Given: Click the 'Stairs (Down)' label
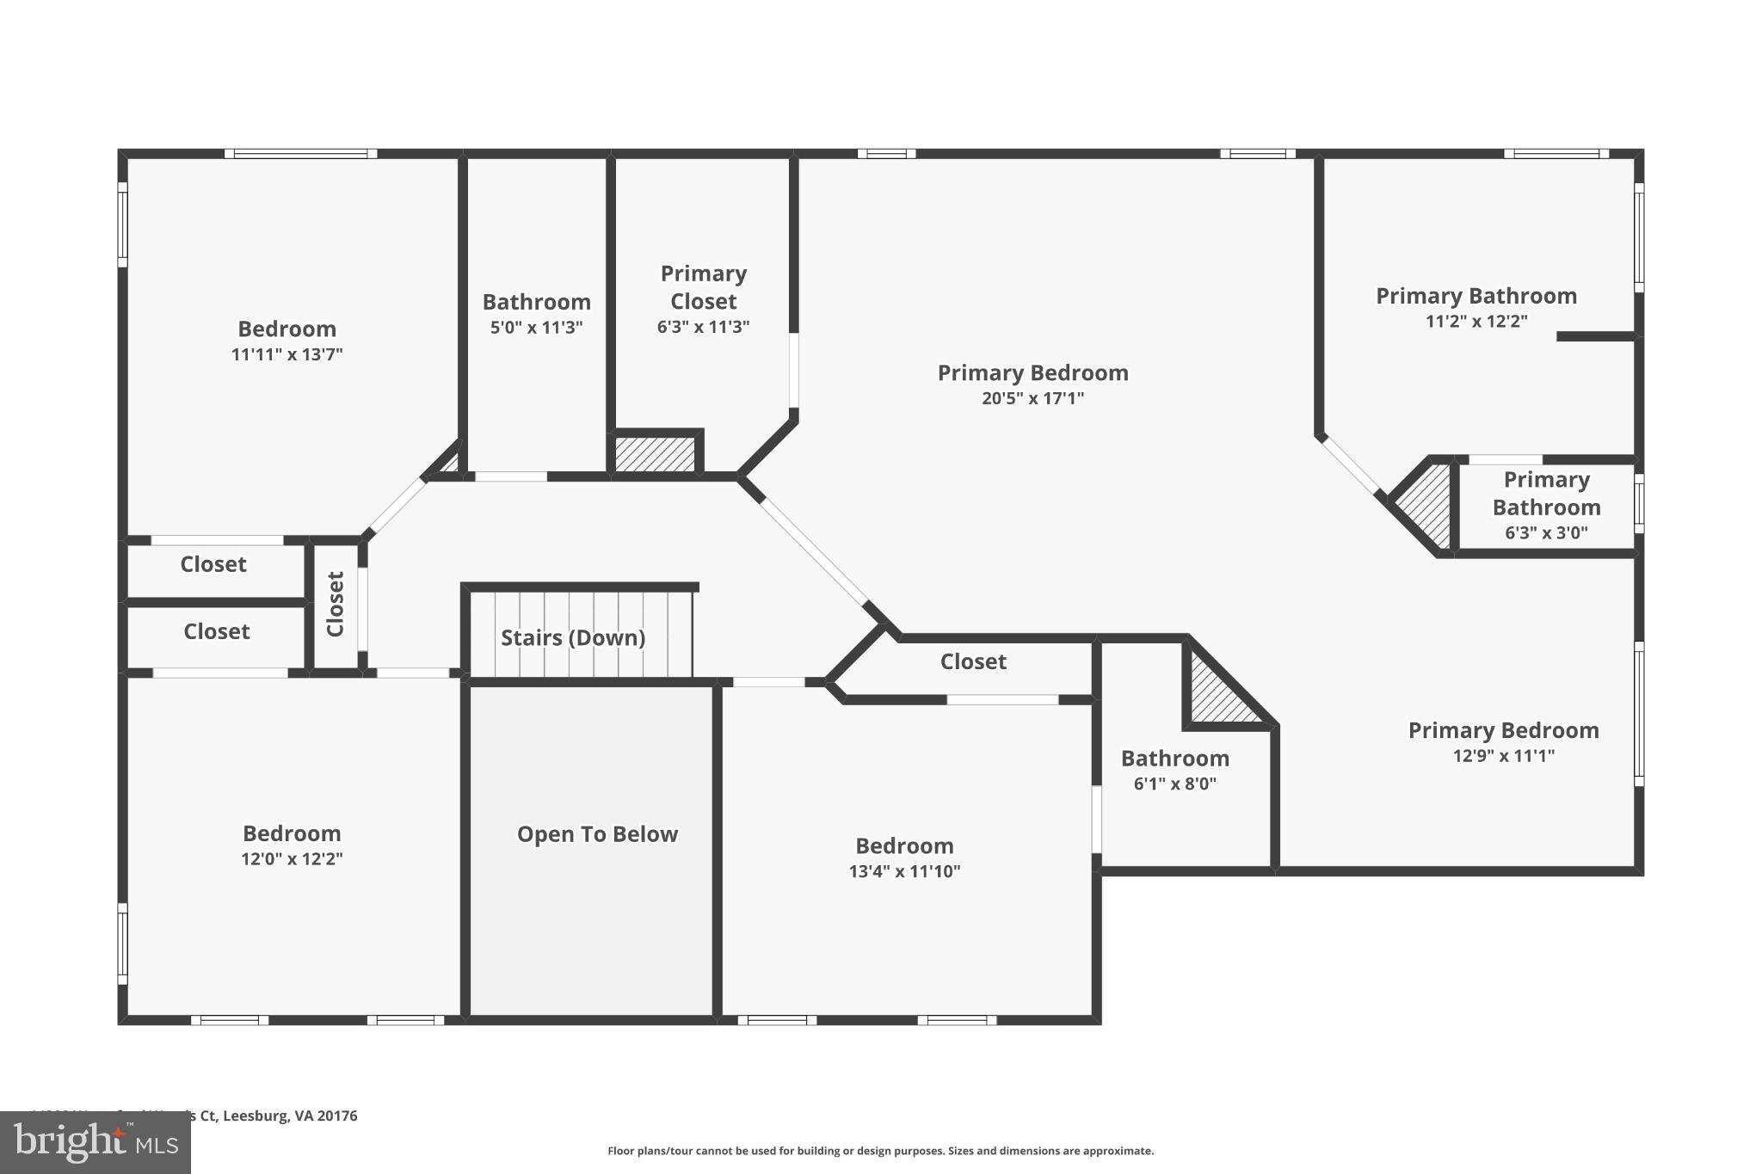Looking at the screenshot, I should pyautogui.click(x=573, y=637).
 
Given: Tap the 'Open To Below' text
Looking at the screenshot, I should pyautogui.click(x=597, y=834).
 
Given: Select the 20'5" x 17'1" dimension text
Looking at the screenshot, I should pyautogui.click(x=1032, y=398).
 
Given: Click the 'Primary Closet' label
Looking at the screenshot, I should pyautogui.click(x=703, y=287).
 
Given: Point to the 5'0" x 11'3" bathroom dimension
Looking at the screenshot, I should pyautogui.click(x=536, y=328).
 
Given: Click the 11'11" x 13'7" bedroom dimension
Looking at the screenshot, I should pyautogui.click(x=286, y=354).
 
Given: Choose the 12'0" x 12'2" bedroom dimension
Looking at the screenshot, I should pyautogui.click(x=292, y=858).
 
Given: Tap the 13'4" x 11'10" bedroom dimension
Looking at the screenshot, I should pyautogui.click(x=904, y=871).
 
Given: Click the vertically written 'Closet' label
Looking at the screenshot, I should pyautogui.click(x=336, y=604).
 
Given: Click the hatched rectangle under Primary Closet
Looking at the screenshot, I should pyautogui.click(x=655, y=454).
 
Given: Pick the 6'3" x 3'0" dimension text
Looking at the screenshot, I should pyautogui.click(x=1546, y=532).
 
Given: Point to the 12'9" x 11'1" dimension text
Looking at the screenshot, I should pyautogui.click(x=1503, y=756).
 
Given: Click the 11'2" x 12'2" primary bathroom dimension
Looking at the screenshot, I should pyautogui.click(x=1476, y=322).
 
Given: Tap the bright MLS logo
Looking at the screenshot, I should pyautogui.click(x=95, y=1143).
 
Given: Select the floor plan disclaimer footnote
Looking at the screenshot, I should pyautogui.click(x=880, y=1151).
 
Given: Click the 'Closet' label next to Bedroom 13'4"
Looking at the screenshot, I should pyautogui.click(x=973, y=661).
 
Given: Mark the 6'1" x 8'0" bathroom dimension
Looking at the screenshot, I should pyautogui.click(x=1174, y=784).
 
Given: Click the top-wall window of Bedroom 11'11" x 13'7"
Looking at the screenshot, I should pyautogui.click(x=301, y=154).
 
